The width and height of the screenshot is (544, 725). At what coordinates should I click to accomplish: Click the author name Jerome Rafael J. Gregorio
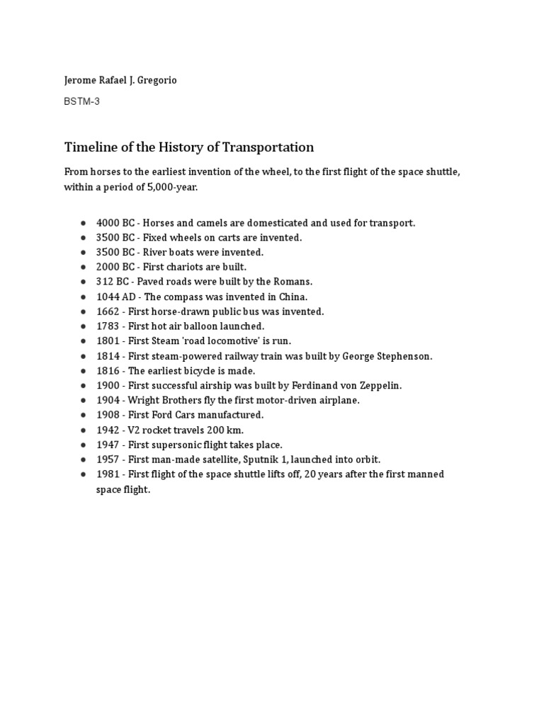click(120, 80)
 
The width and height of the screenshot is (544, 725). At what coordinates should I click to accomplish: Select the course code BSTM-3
click(81, 101)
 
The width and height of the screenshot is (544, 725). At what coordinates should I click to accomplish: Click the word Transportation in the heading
click(268, 147)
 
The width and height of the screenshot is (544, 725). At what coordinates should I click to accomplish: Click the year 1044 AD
click(111, 297)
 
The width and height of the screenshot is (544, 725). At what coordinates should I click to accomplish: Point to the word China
click(293, 297)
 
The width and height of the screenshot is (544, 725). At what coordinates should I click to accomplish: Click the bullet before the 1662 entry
click(84, 312)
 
